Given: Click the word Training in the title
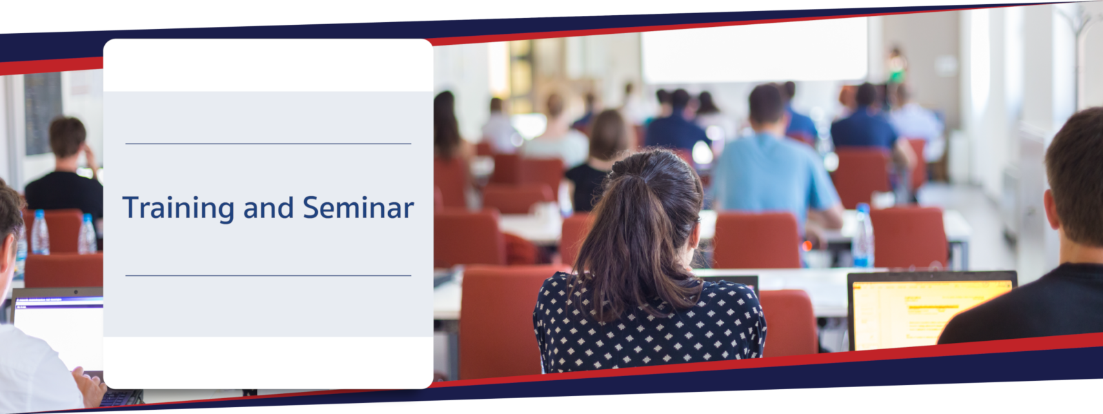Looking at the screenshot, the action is coord(179,208).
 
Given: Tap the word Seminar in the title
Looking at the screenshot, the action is coord(358,208).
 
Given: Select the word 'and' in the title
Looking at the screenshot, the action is coord(268,208).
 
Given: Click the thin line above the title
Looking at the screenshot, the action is coord(268,144).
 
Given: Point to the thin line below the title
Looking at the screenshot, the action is coord(268,275).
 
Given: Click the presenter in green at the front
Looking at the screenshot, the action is coord(896,65).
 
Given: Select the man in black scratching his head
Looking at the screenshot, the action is coord(65,168).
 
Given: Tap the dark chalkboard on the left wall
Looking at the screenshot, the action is coord(43,113).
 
